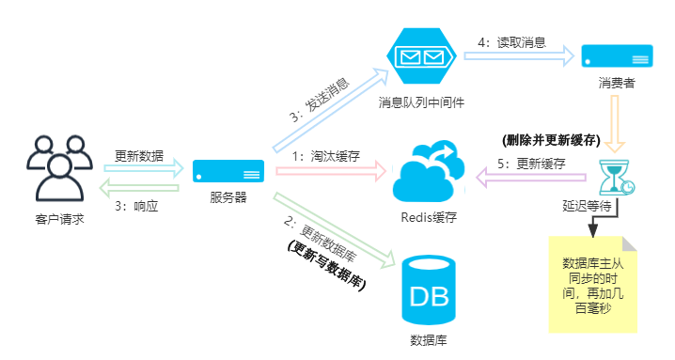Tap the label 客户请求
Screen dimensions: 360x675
(x=59, y=220)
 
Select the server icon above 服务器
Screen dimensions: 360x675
(x=228, y=172)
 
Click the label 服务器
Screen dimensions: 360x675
(x=228, y=197)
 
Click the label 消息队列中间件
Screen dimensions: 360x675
(x=422, y=101)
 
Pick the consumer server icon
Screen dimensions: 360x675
(x=616, y=55)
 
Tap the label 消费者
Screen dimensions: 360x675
(x=616, y=83)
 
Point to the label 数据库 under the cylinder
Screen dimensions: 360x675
(x=429, y=339)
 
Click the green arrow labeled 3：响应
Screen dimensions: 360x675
(x=141, y=187)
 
